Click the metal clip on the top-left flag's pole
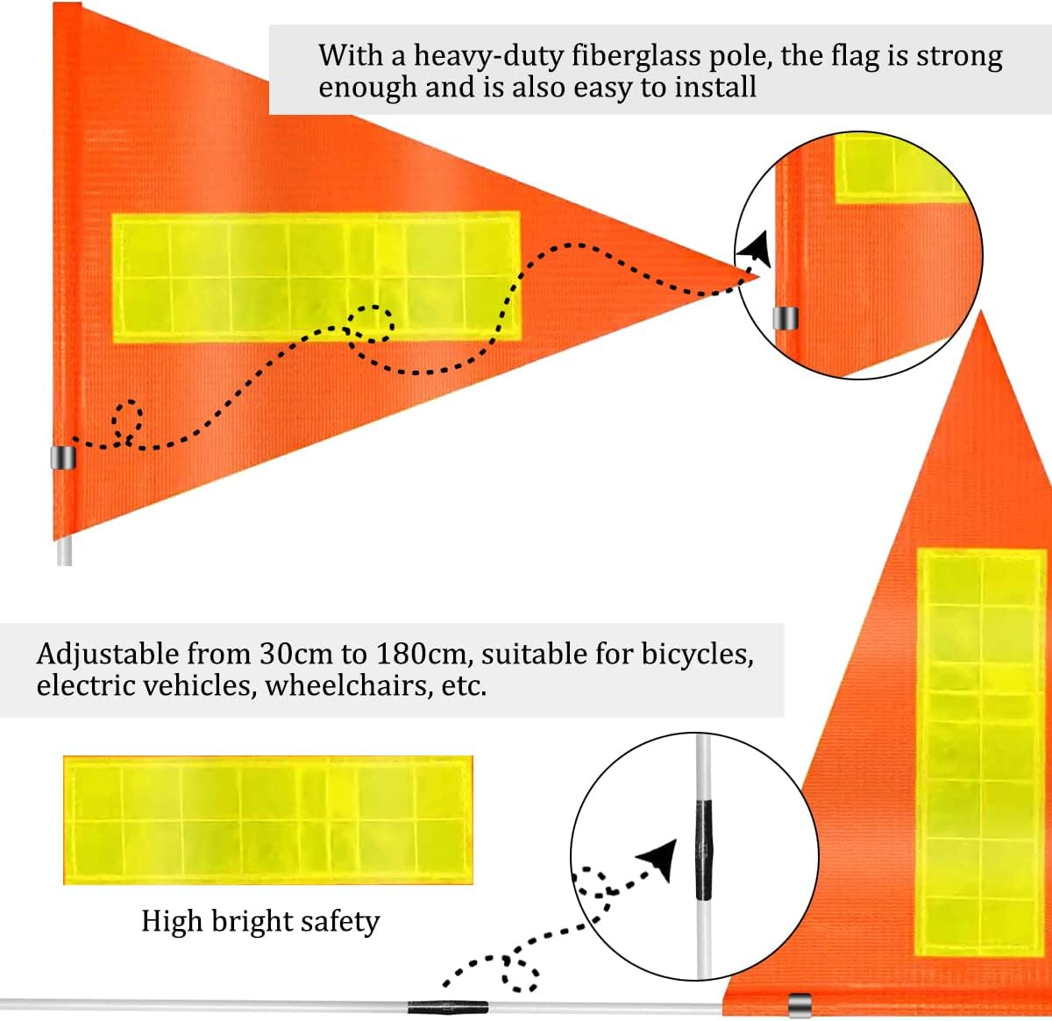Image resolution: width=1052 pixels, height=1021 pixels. pos(63,457)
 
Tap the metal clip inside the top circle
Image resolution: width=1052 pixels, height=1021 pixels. pos(785,317)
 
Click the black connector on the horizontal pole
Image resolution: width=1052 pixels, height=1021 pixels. pos(447,1007)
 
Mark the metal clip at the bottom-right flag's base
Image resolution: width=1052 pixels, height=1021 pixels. pos(799,1004)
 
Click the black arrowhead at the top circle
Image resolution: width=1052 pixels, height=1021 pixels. pos(756,249)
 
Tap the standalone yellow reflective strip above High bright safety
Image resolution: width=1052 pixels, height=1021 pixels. pos(267,820)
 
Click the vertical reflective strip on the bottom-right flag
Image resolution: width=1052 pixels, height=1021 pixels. pos(980,751)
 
